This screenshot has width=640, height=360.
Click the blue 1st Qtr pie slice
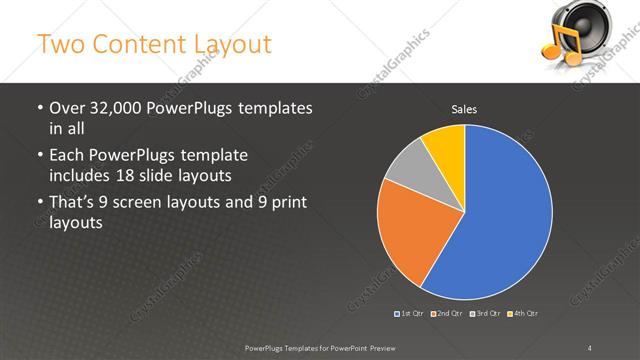(x=505, y=215)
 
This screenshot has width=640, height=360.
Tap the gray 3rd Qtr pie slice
(x=408, y=170)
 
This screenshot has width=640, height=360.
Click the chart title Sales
(x=464, y=108)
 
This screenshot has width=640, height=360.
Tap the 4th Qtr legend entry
(x=523, y=313)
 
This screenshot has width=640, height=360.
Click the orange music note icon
(x=557, y=45)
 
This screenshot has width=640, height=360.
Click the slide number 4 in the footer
(x=590, y=347)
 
